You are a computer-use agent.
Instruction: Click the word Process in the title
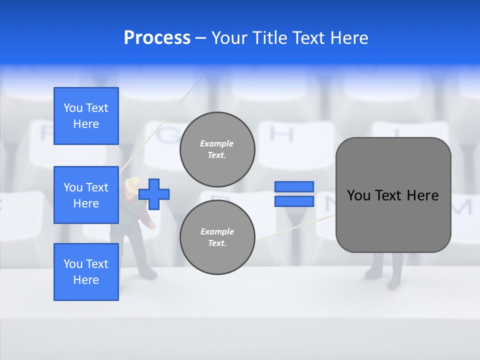pos(157,38)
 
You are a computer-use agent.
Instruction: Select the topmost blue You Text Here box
pos(86,116)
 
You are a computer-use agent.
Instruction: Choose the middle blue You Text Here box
pos(86,195)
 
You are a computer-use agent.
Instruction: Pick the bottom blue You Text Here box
pos(86,272)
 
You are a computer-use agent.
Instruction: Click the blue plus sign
pos(154,194)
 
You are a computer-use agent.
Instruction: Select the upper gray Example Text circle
pos(217,149)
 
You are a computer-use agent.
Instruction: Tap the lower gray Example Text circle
pos(217,237)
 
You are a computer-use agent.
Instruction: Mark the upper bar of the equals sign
pos(294,186)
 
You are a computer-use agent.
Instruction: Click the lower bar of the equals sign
pos(294,201)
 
